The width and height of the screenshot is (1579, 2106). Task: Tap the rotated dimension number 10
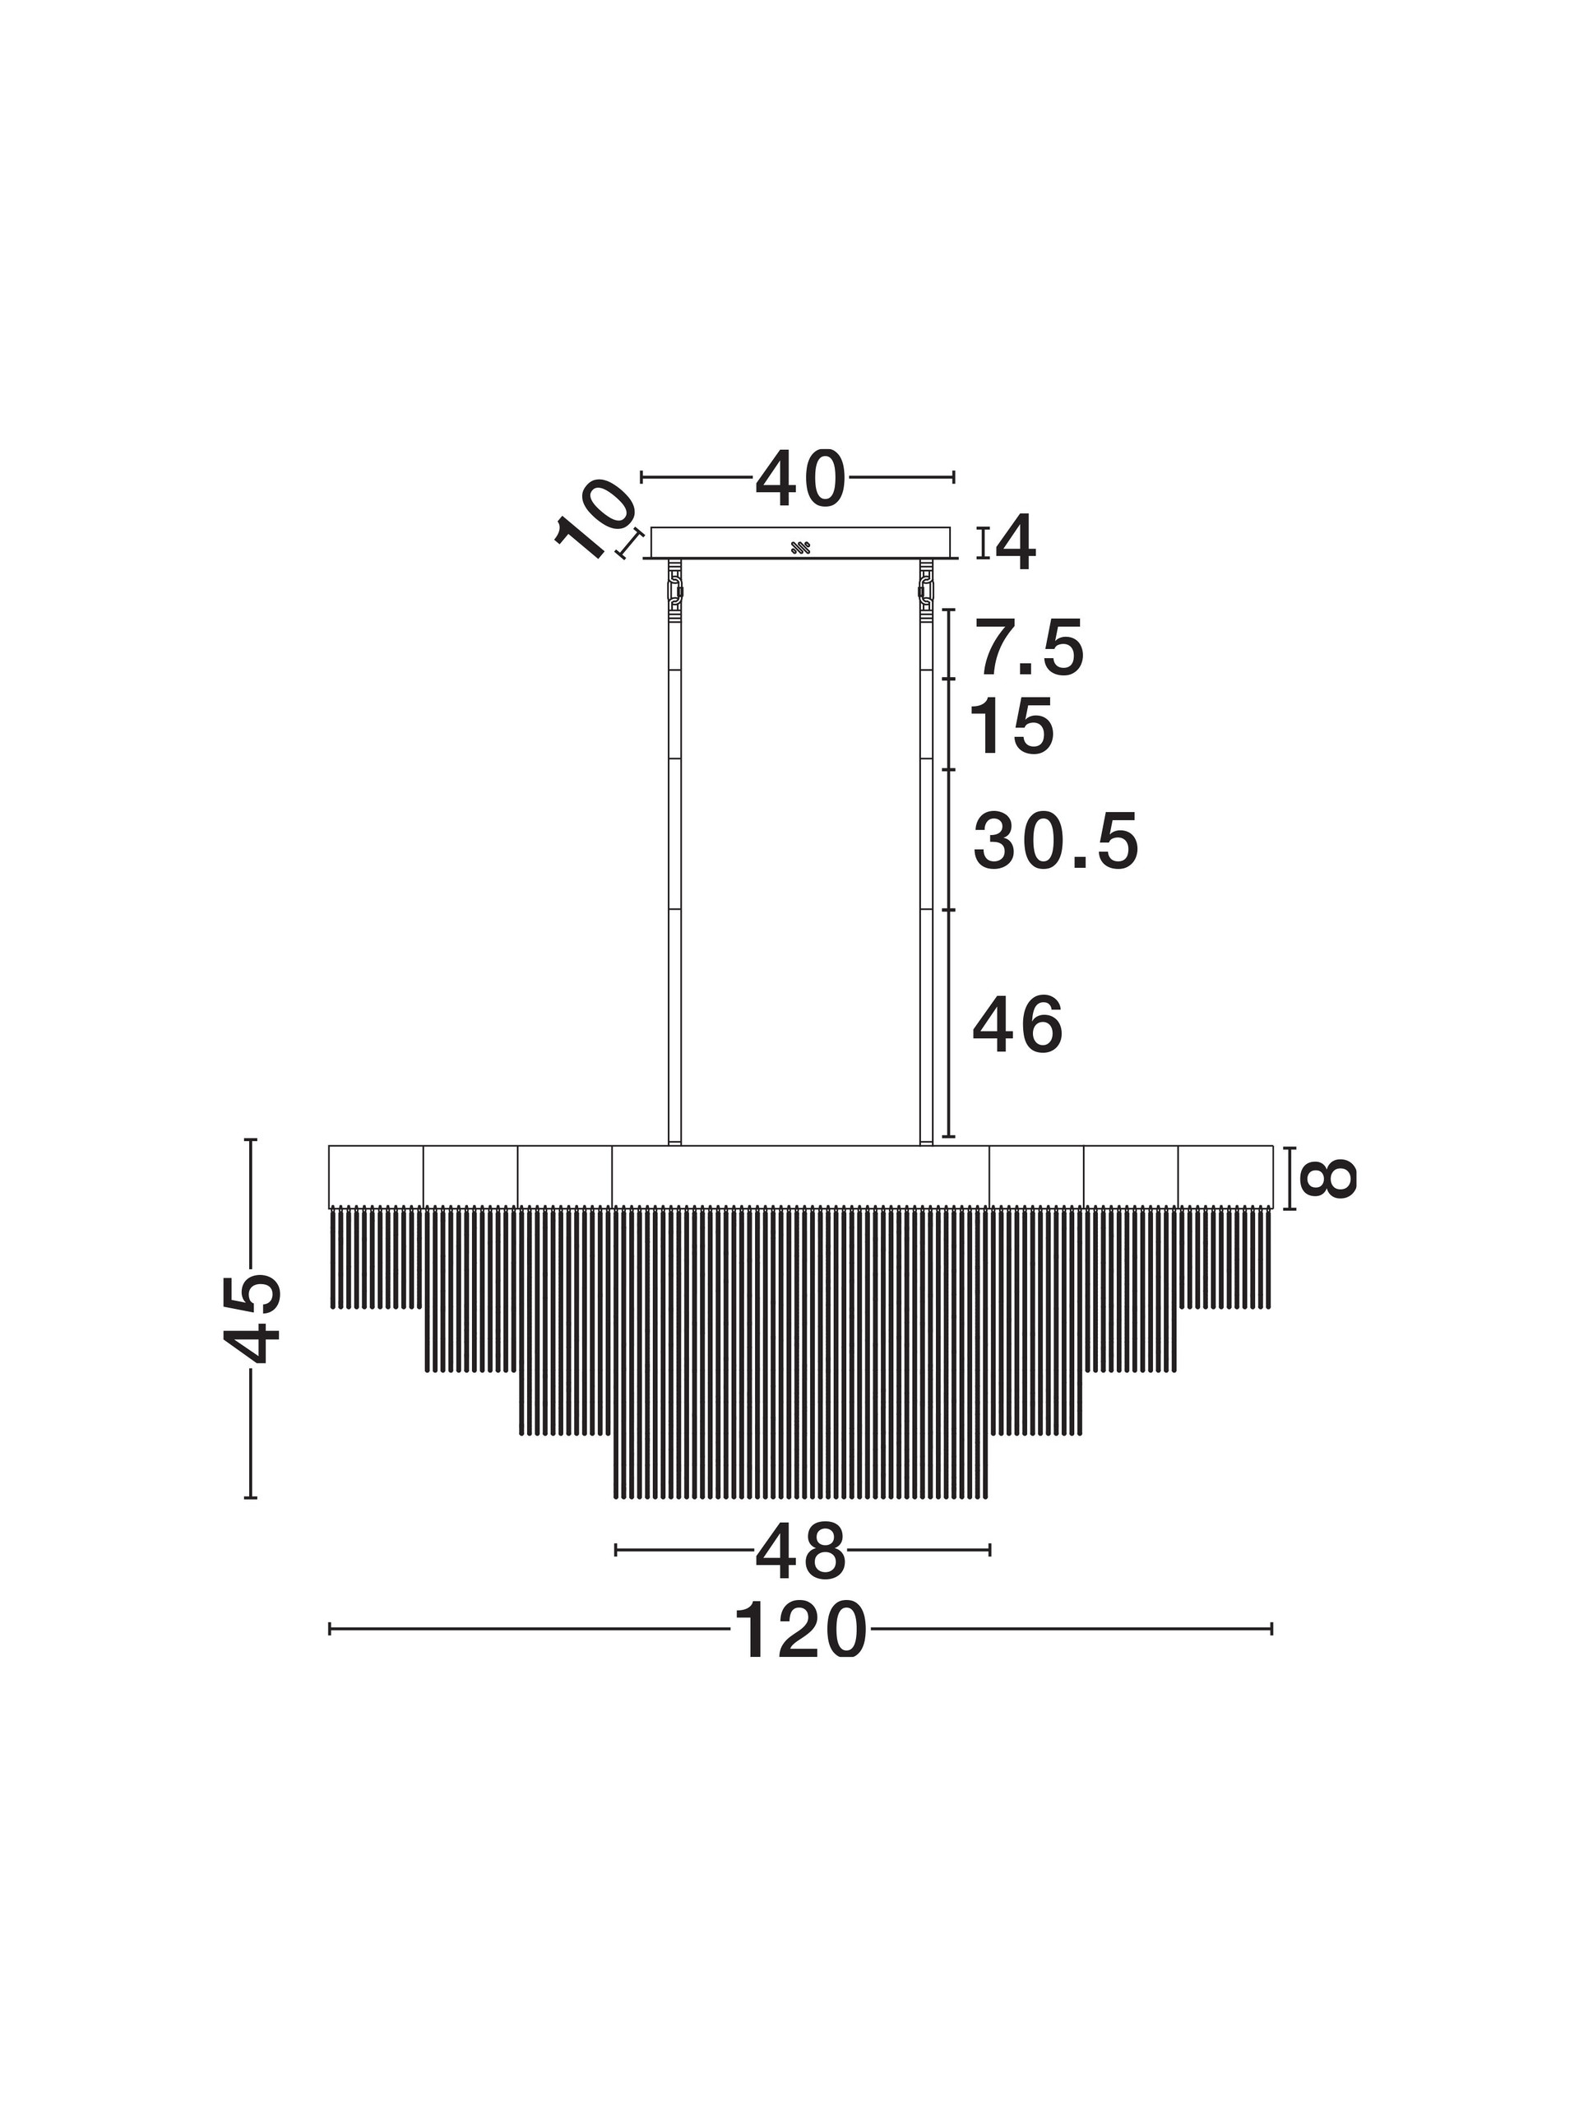(x=595, y=520)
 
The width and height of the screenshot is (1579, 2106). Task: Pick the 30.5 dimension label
(x=1055, y=842)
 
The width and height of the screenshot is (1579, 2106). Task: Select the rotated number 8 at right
(x=1327, y=1178)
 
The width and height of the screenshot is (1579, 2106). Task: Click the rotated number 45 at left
(x=253, y=1319)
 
